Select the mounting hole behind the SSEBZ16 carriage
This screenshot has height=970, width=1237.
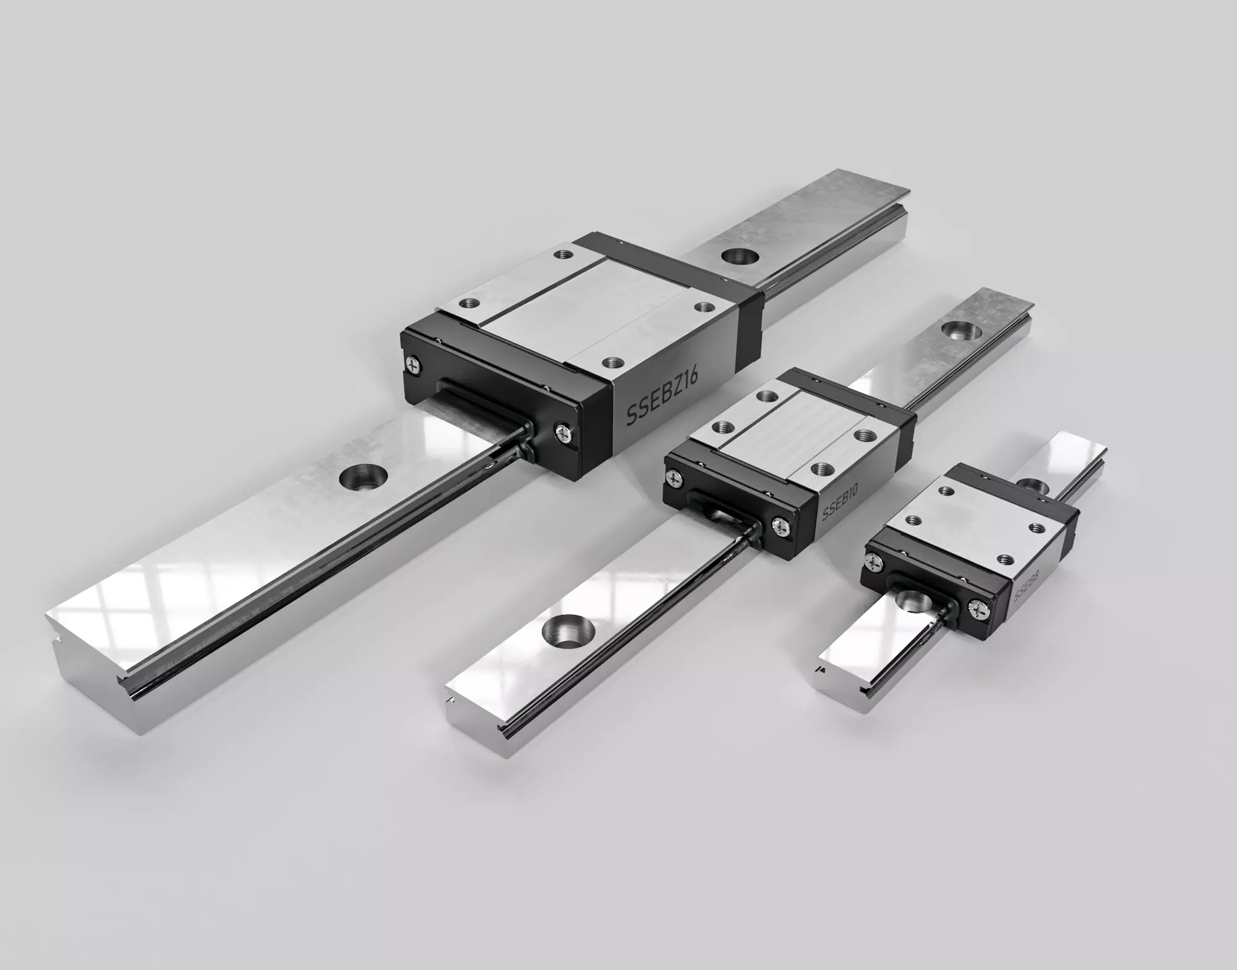click(x=741, y=256)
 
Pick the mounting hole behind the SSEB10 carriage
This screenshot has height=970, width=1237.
click(x=959, y=330)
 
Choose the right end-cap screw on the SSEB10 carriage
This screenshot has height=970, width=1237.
click(x=779, y=525)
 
